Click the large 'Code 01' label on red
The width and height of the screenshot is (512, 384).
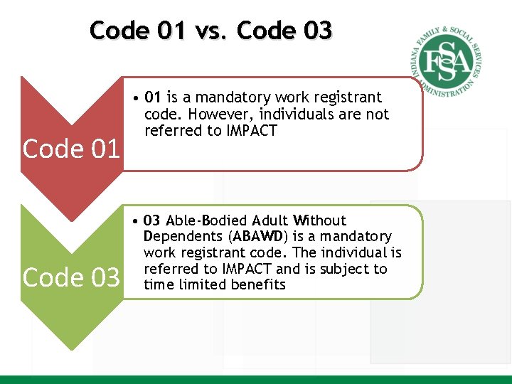pos(71,149)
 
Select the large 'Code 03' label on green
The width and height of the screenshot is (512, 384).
pos(71,277)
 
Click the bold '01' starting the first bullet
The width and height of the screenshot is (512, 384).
pos(152,97)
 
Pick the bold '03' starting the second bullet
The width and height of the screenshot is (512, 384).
pos(152,220)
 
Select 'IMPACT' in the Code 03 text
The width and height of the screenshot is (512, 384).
pos(246,269)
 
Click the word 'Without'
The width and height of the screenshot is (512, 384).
pos(319,220)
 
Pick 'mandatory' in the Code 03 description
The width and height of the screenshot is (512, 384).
pos(361,236)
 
